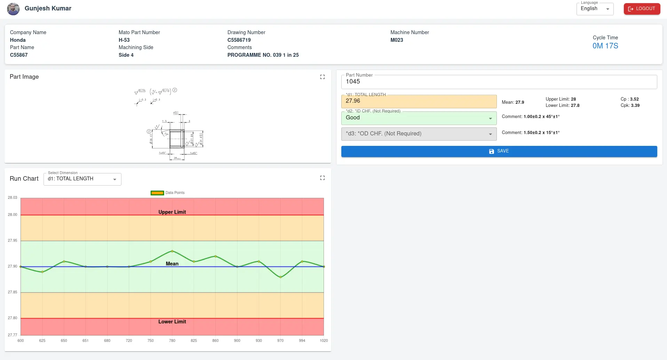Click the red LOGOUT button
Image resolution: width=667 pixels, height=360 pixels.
tap(642, 9)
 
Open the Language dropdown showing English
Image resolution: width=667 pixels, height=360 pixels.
tap(595, 9)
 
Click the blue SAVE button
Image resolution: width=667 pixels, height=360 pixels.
tap(499, 151)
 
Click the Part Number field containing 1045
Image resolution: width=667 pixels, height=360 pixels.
tap(499, 82)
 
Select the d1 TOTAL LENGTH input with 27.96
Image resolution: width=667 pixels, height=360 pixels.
tap(419, 101)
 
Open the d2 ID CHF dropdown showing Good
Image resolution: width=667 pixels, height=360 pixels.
tap(419, 118)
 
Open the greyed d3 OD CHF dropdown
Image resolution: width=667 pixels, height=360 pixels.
tap(419, 134)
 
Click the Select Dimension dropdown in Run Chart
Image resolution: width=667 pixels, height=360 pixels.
tap(82, 179)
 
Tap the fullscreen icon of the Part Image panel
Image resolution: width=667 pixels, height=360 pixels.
tap(322, 77)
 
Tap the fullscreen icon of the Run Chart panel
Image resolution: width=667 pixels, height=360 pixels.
tap(322, 178)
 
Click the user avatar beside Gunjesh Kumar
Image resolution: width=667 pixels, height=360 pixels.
tap(13, 9)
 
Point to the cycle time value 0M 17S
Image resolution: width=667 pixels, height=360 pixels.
tap(605, 46)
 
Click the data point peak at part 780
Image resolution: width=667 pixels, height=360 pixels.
tap(172, 251)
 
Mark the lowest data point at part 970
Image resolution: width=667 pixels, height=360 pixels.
tap(280, 277)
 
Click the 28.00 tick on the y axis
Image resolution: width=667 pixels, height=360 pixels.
tap(13, 215)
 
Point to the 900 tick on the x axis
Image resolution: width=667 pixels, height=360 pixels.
tap(237, 341)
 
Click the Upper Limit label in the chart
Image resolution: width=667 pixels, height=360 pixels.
tap(172, 212)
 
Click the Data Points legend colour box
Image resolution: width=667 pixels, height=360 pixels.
tap(157, 193)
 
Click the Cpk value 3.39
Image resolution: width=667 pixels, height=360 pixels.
tap(635, 105)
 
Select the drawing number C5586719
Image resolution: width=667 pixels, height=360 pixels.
tap(239, 40)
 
